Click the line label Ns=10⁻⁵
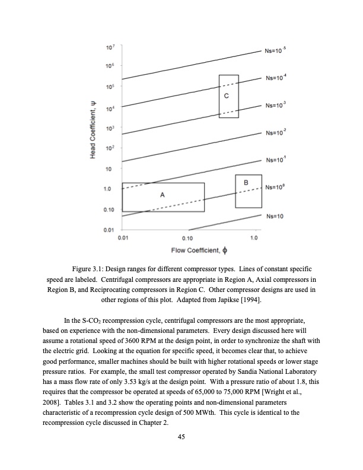click(276, 52)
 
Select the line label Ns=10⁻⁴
click(276, 78)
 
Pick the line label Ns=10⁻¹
click(276, 160)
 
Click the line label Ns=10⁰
click(276, 188)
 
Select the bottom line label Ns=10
click(275, 216)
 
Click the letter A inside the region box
click(162, 195)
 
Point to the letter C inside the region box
click(227, 96)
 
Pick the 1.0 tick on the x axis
click(254, 238)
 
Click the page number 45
click(181, 437)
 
